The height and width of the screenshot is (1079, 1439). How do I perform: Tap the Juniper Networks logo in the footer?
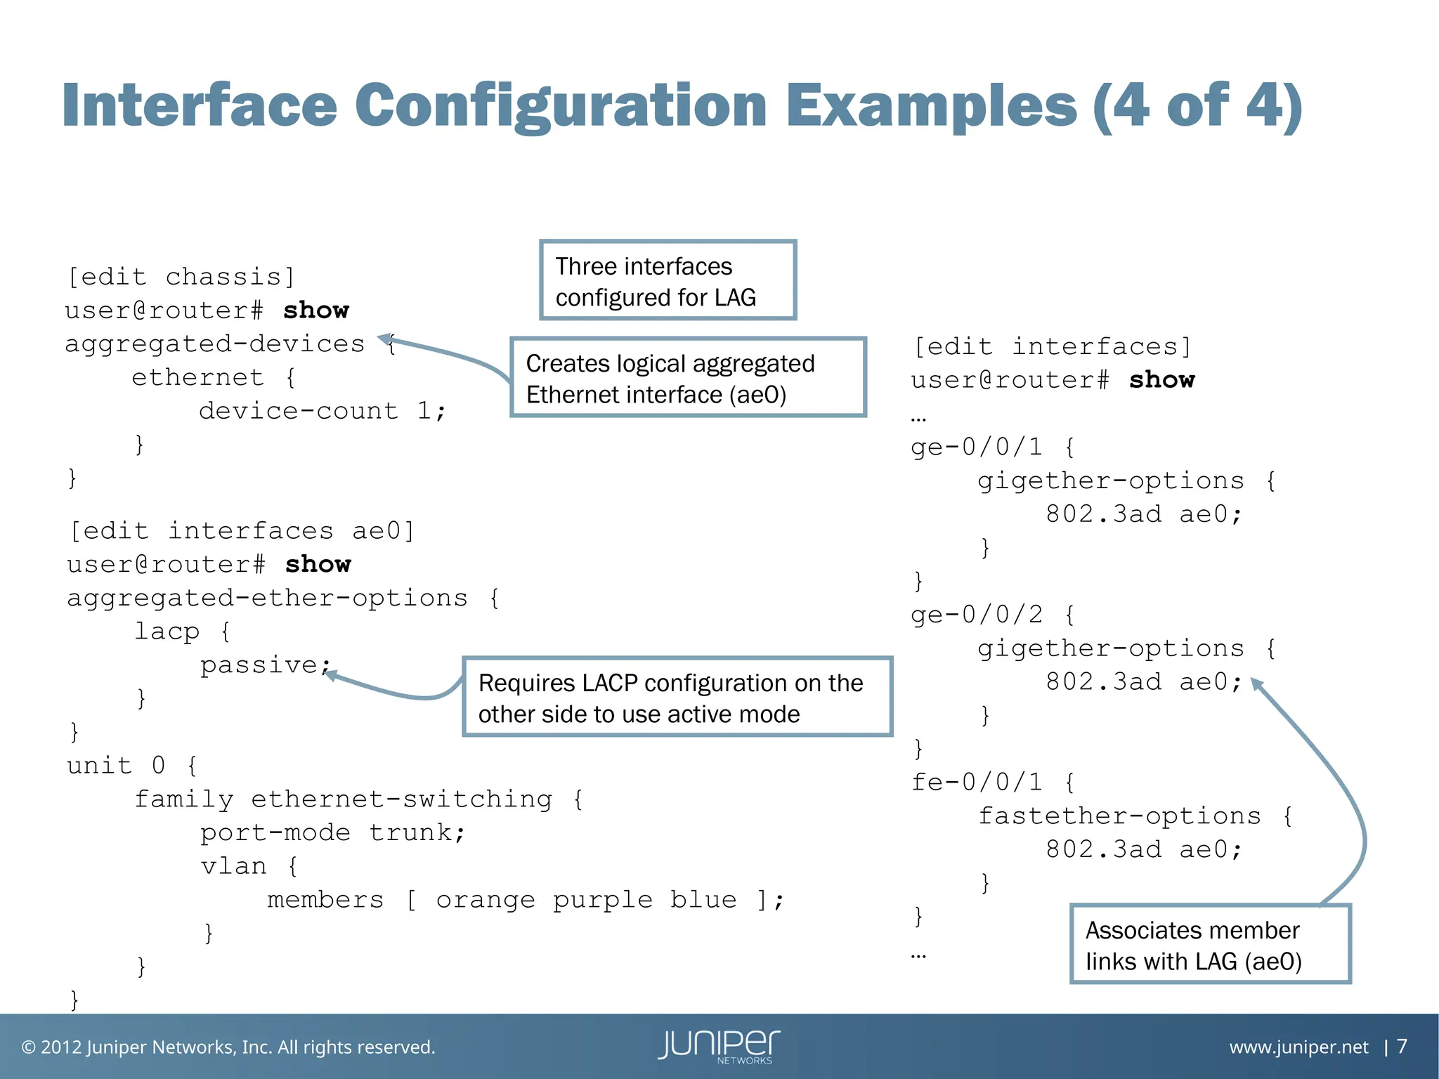pos(719,1046)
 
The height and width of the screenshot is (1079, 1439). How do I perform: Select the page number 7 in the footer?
pos(1402,1047)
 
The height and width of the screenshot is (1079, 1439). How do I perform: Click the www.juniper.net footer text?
pos(1298,1047)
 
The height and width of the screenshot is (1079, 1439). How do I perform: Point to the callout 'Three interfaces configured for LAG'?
pos(668,281)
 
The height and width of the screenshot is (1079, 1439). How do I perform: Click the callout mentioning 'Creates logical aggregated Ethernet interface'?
pos(688,378)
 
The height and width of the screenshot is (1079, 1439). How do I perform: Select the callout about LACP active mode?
pos(677,698)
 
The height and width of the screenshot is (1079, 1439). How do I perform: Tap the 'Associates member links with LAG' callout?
pos(1209,945)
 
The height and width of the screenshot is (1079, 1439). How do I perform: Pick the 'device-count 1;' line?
pos(322,410)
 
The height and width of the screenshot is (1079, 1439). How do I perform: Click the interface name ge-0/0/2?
pos(977,615)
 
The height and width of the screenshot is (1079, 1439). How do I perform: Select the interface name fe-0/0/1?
pos(977,782)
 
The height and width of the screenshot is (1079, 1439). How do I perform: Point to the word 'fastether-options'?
pos(1119,816)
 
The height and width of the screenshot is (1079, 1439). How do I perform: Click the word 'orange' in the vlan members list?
pos(486,900)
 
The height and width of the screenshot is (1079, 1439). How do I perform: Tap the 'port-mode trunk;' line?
pos(332,832)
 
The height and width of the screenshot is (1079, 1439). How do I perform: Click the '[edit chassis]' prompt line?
pos(181,277)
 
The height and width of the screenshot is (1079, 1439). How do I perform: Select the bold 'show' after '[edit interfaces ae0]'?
pos(318,564)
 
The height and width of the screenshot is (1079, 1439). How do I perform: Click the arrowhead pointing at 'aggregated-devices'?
pos(386,341)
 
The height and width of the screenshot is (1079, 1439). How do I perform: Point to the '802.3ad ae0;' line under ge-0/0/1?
pos(1143,514)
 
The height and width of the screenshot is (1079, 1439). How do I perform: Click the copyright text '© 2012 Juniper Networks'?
pos(228,1047)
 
